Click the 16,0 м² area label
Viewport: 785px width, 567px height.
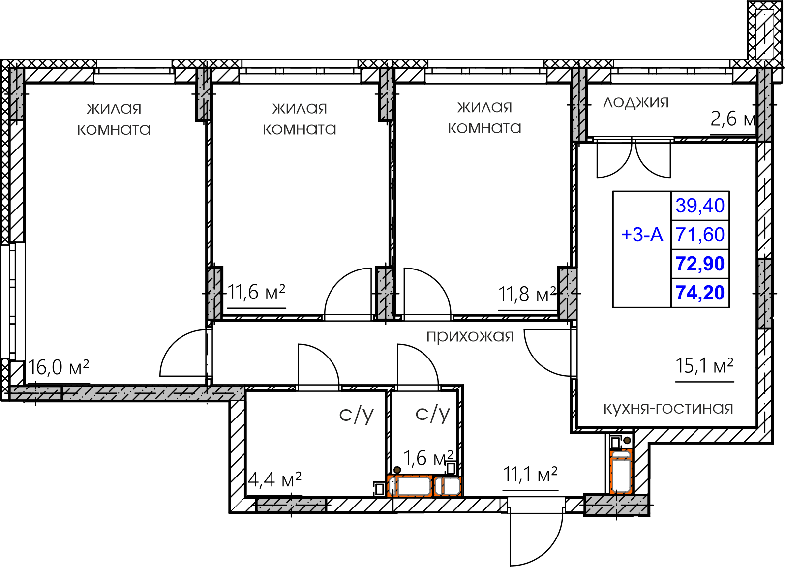(58, 367)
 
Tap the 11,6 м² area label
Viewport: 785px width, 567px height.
(257, 292)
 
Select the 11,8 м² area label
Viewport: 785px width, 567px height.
(527, 294)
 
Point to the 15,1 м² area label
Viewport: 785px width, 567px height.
(704, 365)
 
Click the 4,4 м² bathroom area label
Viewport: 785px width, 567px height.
(274, 479)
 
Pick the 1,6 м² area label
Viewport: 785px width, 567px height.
(428, 458)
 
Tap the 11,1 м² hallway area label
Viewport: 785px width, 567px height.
(530, 475)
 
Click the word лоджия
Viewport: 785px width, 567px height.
(635, 102)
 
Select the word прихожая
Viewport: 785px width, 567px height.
(470, 336)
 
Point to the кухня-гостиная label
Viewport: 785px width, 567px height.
(668, 408)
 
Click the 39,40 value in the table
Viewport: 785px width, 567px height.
(700, 206)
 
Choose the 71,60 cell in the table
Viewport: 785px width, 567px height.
(700, 235)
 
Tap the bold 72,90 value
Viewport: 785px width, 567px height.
(700, 264)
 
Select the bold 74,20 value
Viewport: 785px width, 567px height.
(700, 293)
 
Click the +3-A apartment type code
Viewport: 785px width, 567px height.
(642, 235)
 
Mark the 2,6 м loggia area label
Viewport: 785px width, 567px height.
(733, 119)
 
